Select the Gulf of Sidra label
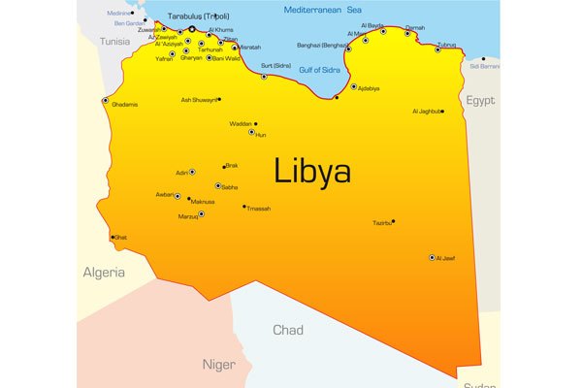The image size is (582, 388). (320, 68)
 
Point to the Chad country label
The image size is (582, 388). (287, 331)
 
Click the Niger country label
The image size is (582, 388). (218, 365)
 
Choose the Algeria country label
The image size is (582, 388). (104, 273)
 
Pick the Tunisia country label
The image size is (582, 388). (115, 42)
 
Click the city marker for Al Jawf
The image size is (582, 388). (432, 258)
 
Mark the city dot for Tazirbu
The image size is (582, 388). (393, 221)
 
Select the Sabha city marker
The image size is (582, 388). (218, 185)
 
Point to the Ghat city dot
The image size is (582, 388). (113, 237)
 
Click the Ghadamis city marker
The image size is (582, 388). (105, 101)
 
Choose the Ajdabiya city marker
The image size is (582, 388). (353, 86)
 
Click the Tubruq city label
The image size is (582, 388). (446, 44)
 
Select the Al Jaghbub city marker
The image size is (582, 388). (442, 112)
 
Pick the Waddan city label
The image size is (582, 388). (240, 124)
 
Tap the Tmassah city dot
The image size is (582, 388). (244, 207)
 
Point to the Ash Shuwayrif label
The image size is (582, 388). (199, 99)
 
